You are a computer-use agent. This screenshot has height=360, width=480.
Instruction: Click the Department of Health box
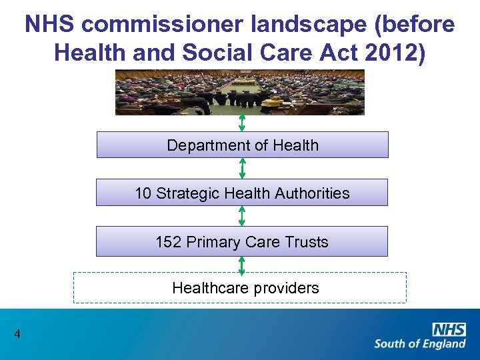(x=242, y=145)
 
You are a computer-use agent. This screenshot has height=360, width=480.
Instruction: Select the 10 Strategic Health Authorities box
(x=242, y=193)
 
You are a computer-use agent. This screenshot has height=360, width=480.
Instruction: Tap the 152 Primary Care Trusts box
(x=242, y=241)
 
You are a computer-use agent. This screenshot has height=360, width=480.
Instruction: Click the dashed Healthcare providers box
(x=240, y=288)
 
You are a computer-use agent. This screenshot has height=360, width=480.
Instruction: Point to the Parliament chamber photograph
(x=240, y=92)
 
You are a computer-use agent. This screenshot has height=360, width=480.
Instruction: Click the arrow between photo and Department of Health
(x=242, y=123)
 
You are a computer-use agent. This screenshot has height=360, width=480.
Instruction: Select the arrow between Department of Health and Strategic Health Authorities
(x=242, y=168)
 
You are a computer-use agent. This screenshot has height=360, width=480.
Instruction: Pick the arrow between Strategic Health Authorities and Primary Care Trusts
(x=242, y=216)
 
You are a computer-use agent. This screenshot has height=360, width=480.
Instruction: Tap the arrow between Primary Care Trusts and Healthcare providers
(x=242, y=265)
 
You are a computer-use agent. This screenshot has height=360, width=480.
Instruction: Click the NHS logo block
(x=449, y=329)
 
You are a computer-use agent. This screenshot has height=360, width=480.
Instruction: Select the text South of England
(x=419, y=344)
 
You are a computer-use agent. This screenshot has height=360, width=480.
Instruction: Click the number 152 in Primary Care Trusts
(x=168, y=242)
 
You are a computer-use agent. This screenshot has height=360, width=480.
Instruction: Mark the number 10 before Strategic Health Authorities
(x=143, y=193)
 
